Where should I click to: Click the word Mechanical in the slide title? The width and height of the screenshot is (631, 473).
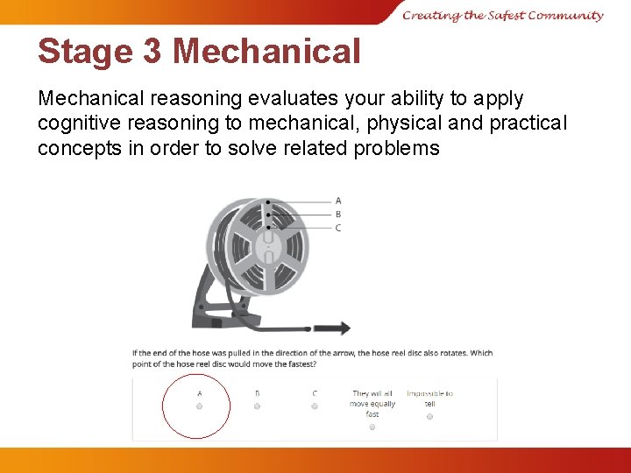pyautogui.click(x=266, y=52)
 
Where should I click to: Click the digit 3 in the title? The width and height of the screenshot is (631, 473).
pyautogui.click(x=151, y=52)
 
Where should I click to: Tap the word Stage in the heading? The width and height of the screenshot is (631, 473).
pyautogui.click(x=85, y=52)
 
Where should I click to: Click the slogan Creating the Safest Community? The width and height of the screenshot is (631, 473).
pyautogui.click(x=503, y=15)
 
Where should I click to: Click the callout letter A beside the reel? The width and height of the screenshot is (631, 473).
pyautogui.click(x=338, y=201)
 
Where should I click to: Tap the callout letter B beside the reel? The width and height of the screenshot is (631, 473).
pyautogui.click(x=338, y=214)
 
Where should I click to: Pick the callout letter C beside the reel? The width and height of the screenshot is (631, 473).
pyautogui.click(x=338, y=228)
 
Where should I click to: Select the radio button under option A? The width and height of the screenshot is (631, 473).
pyautogui.click(x=199, y=406)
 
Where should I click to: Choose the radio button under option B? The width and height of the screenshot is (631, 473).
pyautogui.click(x=257, y=406)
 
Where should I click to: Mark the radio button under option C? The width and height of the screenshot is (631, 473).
pyautogui.click(x=315, y=406)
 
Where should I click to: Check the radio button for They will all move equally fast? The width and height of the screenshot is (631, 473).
pyautogui.click(x=372, y=427)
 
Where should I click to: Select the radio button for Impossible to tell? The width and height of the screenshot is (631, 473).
pyautogui.click(x=429, y=417)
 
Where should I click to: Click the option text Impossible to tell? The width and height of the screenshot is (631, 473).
pyautogui.click(x=429, y=399)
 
